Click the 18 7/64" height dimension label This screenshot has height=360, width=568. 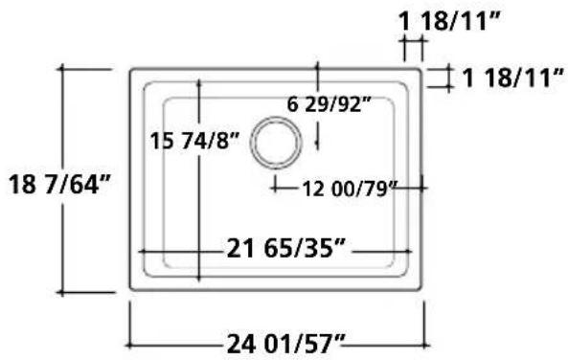click(x=59, y=185)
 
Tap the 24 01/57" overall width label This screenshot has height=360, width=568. click(x=286, y=344)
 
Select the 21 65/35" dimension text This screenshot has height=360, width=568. click(x=285, y=248)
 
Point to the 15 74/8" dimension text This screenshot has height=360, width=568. click(x=194, y=141)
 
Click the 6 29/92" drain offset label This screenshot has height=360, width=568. click(x=329, y=104)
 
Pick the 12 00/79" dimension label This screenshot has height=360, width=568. click(x=350, y=189)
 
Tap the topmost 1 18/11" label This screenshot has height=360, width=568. click(x=449, y=21)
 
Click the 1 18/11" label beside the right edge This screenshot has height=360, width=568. click(x=513, y=78)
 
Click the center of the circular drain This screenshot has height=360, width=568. click(x=276, y=143)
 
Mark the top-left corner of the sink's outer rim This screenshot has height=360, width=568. click(x=130, y=69)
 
